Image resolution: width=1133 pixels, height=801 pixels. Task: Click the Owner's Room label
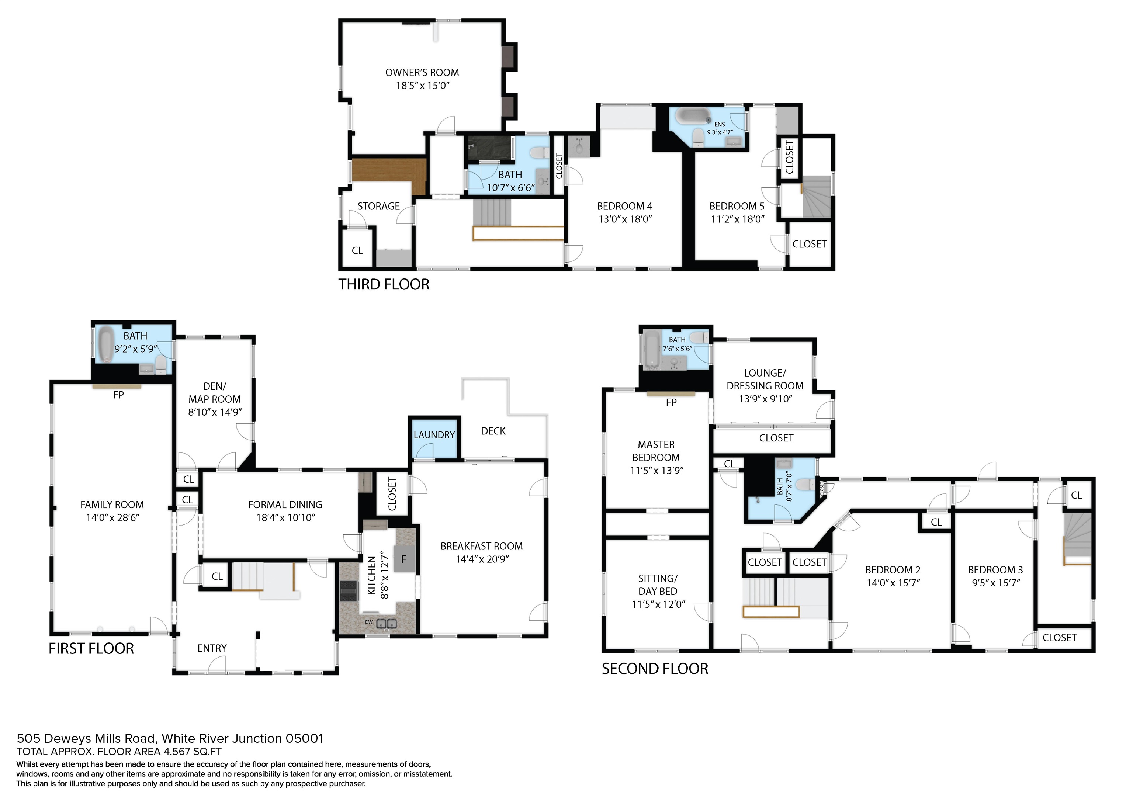coord(422,73)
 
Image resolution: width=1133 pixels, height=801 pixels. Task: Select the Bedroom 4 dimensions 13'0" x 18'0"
coord(625,219)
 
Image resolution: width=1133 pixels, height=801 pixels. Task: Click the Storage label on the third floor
coord(378,206)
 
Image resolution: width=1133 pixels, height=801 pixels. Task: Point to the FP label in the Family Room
coord(118,395)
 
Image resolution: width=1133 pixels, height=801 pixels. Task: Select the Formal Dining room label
coord(285,504)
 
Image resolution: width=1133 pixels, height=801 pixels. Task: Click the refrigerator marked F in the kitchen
coord(403,559)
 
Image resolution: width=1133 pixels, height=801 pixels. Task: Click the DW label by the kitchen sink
coord(368,623)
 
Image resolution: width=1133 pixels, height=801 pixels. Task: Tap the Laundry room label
coord(434,435)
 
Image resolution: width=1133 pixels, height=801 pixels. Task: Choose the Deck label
coord(493,431)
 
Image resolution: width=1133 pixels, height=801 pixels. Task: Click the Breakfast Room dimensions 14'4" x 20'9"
coord(482,559)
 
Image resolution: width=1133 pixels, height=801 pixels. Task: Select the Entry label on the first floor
coord(212,648)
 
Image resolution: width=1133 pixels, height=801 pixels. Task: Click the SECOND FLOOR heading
coord(655,669)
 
